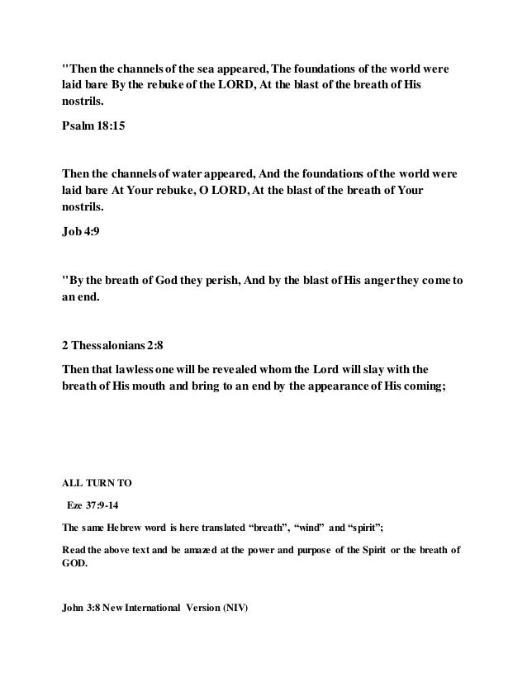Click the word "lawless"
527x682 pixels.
click(144, 368)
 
